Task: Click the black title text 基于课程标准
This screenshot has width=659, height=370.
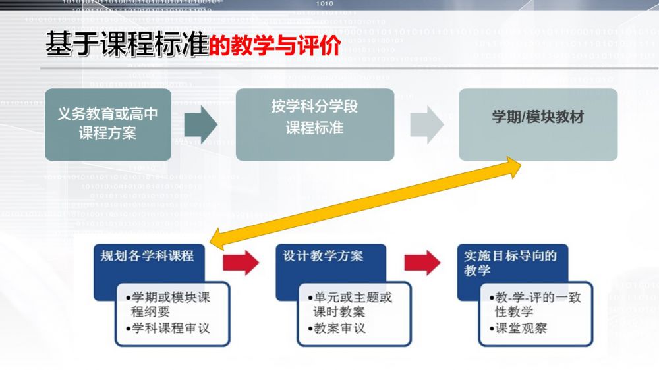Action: pos(127,43)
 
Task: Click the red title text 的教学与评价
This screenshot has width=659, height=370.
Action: pos(274,45)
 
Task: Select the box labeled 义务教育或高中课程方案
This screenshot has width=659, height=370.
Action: pos(108,124)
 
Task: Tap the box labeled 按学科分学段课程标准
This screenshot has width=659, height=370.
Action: pos(315,124)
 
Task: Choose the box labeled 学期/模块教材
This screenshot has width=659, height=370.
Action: pos(538,124)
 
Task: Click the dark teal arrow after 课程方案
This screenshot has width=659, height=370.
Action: pos(201,124)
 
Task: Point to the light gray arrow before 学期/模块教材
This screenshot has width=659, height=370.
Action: pos(427,124)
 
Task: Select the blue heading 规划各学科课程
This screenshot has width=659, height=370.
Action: pos(147,255)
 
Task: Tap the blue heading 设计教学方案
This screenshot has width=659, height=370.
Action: pos(323,255)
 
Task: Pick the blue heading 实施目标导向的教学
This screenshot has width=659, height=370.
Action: pos(510,263)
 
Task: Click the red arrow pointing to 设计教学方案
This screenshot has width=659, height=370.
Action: pos(241,263)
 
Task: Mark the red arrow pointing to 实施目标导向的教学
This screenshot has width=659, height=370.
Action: pos(422,263)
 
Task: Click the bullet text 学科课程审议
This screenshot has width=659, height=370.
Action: pos(168,328)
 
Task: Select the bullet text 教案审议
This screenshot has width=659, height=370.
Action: pos(337,328)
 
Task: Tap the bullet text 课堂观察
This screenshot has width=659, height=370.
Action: pos(518,328)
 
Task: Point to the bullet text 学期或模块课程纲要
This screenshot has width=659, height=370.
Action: pos(168,304)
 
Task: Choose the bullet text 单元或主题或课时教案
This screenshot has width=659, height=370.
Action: pos(350,304)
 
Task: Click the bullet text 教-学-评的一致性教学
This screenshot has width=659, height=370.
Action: pos(535,304)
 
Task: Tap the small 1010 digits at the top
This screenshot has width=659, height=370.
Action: pos(324,3)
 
